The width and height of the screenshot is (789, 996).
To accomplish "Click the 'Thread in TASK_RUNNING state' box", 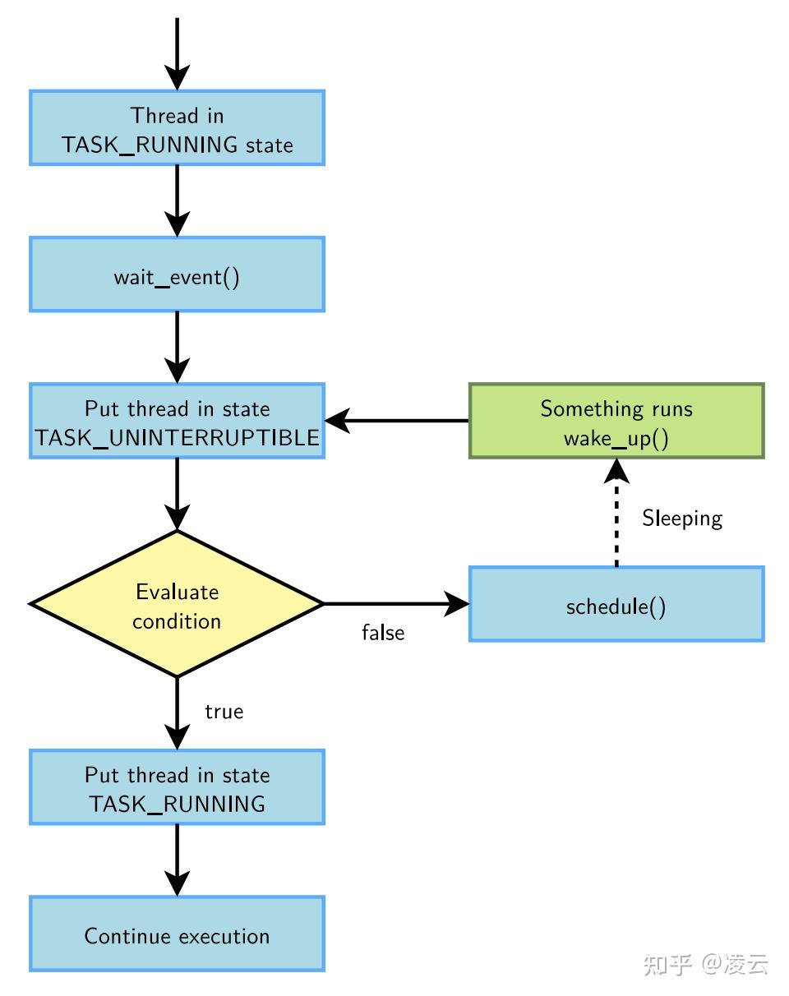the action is (x=177, y=127).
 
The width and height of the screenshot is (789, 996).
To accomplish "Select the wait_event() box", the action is (x=177, y=274).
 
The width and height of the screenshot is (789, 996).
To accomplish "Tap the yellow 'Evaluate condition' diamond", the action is (x=177, y=604).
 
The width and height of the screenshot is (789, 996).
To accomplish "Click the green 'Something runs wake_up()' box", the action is (x=616, y=421).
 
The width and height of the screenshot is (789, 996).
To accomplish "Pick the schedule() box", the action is (x=616, y=604).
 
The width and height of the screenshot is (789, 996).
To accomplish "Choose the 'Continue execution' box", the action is (x=177, y=934).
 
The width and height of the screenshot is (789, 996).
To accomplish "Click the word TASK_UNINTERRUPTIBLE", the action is (x=177, y=438).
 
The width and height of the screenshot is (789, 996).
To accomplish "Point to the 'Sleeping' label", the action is (x=682, y=519).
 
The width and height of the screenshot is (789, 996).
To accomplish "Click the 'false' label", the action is (x=383, y=633).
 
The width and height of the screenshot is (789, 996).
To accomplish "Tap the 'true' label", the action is (x=224, y=712).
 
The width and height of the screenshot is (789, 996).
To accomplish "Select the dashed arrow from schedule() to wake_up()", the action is (x=616, y=512).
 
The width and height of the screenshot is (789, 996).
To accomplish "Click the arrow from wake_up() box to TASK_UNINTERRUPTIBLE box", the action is (x=397, y=421).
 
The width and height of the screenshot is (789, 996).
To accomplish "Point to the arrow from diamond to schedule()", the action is (x=397, y=604).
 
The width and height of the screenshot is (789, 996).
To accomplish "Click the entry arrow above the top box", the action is (x=177, y=53).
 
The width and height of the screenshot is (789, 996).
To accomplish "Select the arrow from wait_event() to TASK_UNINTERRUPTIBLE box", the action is (x=177, y=348).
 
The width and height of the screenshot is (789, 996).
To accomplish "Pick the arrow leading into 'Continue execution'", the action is (x=177, y=860).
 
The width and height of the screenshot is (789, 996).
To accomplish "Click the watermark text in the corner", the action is (x=706, y=965).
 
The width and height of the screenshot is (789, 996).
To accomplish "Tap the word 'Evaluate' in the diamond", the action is (x=178, y=592).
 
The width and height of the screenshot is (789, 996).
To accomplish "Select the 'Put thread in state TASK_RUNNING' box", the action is (x=177, y=787).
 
